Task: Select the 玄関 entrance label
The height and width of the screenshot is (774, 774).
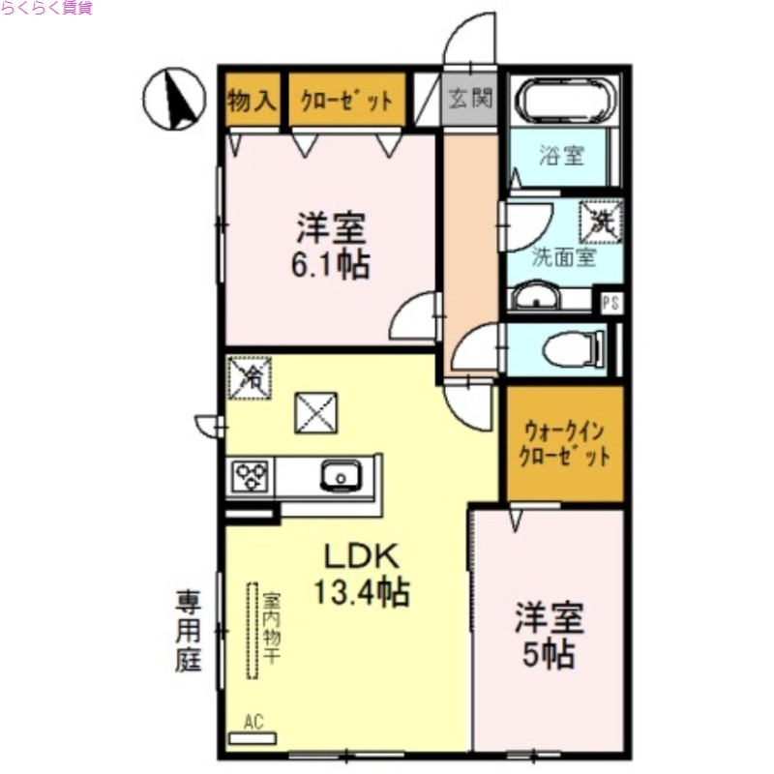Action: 470,99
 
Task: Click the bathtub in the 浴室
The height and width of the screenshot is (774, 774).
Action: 565,100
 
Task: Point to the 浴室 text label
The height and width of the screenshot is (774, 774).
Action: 562,155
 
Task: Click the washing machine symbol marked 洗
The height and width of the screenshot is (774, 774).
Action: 600,220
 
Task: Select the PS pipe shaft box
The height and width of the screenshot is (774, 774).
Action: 610,302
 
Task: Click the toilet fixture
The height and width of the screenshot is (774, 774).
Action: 575,349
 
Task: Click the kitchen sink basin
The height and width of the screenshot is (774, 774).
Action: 340,475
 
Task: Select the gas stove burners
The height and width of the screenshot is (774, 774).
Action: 251,477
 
